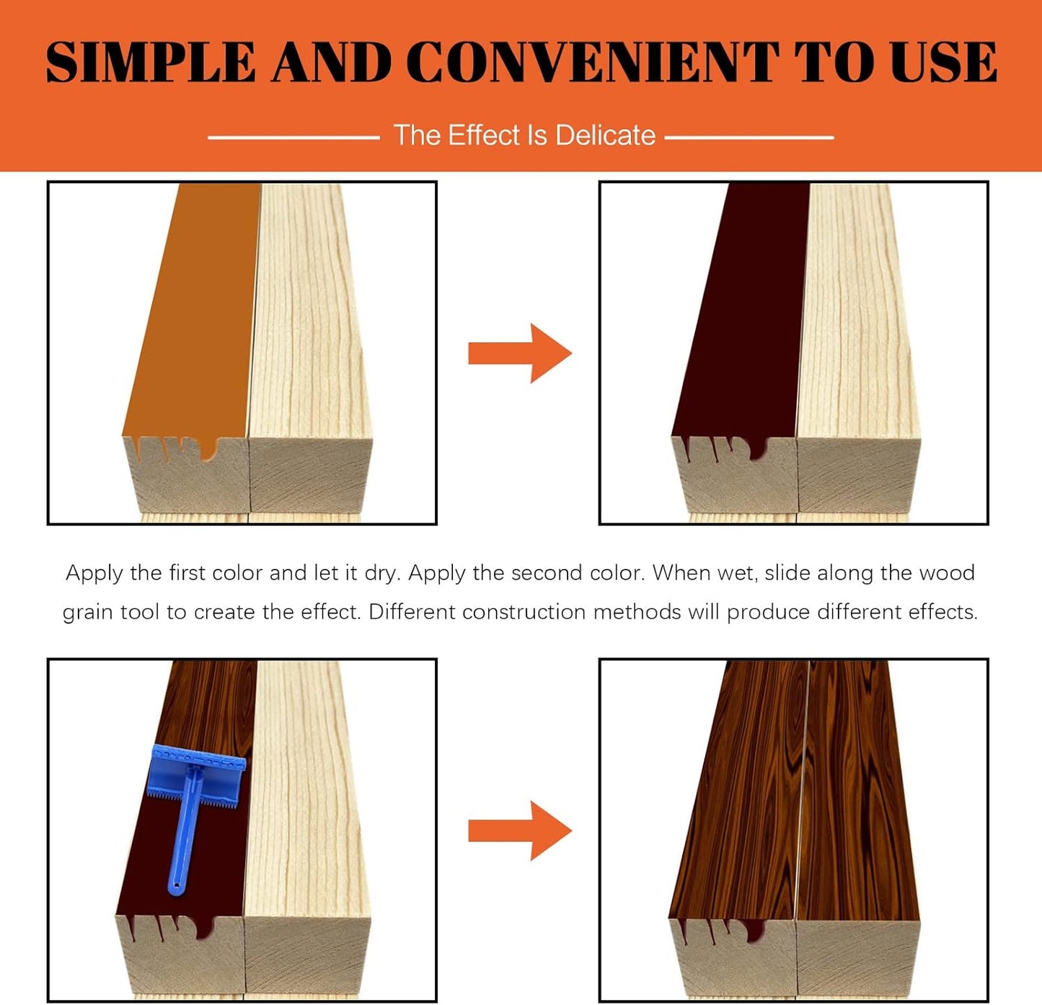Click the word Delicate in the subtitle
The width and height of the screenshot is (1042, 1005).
click(x=605, y=135)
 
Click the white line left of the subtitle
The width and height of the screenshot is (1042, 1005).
click(x=293, y=138)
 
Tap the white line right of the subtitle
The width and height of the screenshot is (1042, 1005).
click(x=749, y=138)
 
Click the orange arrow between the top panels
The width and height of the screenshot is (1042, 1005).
click(x=520, y=353)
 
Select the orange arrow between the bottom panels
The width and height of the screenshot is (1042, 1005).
click(x=520, y=831)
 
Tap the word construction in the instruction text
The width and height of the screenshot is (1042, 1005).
click(x=524, y=612)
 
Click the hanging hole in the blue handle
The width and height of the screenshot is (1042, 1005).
click(x=178, y=886)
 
